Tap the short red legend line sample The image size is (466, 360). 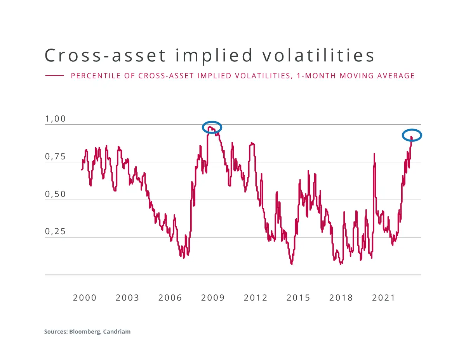point(54,76)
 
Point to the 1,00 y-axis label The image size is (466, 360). point(56,119)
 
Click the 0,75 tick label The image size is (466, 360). point(56,157)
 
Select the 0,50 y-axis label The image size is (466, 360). point(56,194)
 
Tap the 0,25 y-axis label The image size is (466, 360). point(56,232)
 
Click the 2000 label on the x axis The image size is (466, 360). point(85,298)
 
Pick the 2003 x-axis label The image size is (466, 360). point(127,298)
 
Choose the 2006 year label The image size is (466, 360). point(170,298)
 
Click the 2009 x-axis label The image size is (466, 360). point(213,298)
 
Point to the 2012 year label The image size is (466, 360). point(256,298)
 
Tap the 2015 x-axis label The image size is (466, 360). point(298,298)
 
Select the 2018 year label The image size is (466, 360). point(341,298)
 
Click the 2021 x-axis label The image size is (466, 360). point(384,298)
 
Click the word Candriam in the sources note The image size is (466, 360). point(116,332)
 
